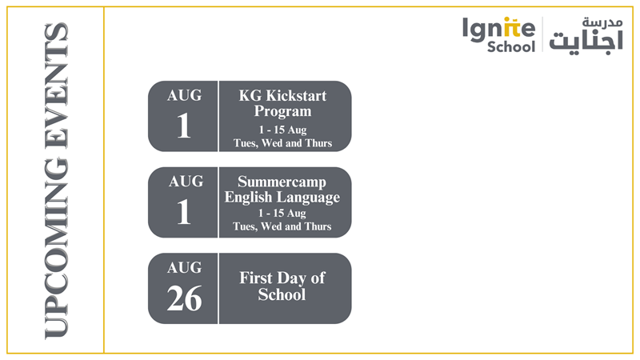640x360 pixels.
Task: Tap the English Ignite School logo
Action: tap(498, 35)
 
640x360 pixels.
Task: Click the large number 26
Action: tap(184, 298)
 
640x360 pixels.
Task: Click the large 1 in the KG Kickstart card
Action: tap(184, 126)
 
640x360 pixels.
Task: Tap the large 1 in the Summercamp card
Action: tap(184, 212)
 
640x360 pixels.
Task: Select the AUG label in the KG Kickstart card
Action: tap(184, 95)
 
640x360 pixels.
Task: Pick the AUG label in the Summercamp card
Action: tap(184, 182)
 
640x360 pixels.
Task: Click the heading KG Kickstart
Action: tap(282, 96)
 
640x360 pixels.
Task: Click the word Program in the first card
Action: tap(282, 111)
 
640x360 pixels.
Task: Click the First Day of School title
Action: tap(282, 286)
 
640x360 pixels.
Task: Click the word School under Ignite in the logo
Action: tap(511, 47)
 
